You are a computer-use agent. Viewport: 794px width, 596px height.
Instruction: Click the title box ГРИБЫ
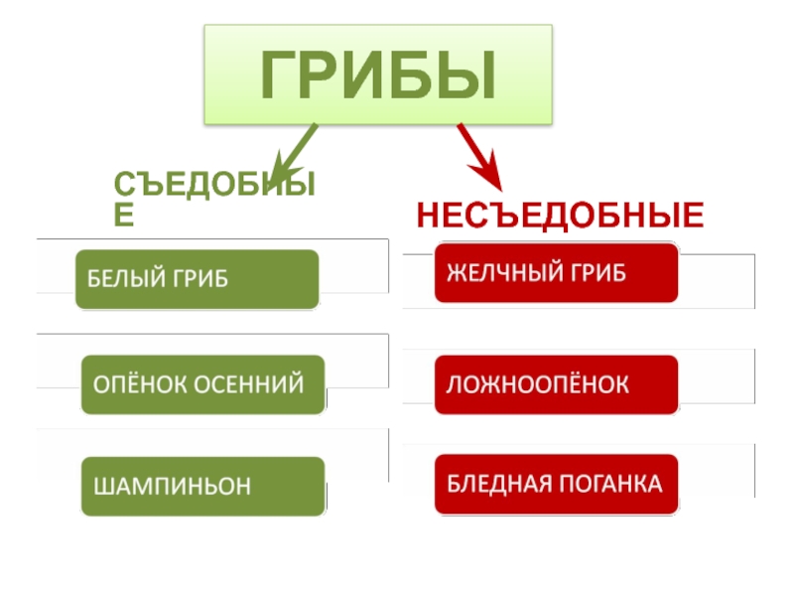tap(377, 76)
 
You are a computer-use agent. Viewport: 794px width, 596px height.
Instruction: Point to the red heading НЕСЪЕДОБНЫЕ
tap(560, 215)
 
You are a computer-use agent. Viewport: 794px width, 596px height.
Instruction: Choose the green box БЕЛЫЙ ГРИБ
tap(198, 278)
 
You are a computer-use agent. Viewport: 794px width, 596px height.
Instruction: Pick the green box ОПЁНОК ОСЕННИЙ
tap(202, 384)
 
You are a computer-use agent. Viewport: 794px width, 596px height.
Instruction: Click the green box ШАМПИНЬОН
tap(202, 487)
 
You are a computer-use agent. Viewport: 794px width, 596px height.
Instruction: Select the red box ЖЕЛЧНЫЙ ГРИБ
tap(556, 272)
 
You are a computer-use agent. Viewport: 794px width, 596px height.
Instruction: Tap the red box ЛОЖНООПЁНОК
tap(556, 384)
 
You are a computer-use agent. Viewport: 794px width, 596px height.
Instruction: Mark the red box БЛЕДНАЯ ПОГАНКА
tap(556, 485)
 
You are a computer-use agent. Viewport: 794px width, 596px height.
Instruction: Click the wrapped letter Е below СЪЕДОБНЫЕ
tap(124, 215)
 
